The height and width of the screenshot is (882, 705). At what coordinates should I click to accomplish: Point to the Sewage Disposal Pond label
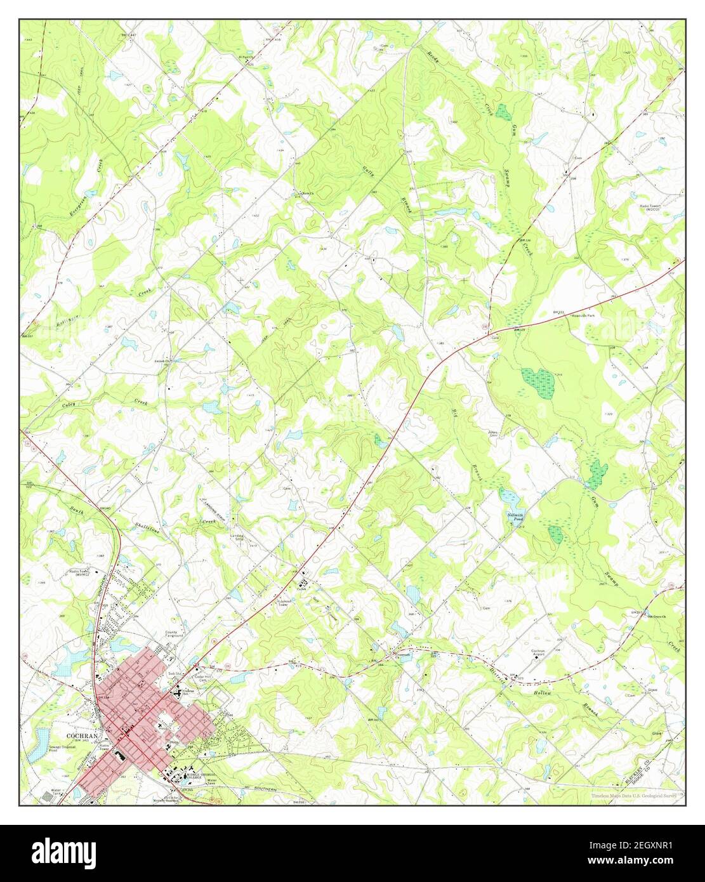coord(63,749)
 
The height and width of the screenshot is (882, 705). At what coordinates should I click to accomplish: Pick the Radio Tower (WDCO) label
coord(652,208)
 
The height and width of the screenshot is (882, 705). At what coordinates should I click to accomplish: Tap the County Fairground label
coord(175,634)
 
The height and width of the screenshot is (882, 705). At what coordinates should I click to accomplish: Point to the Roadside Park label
coord(583,315)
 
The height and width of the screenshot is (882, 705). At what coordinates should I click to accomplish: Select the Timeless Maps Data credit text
coord(636,795)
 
